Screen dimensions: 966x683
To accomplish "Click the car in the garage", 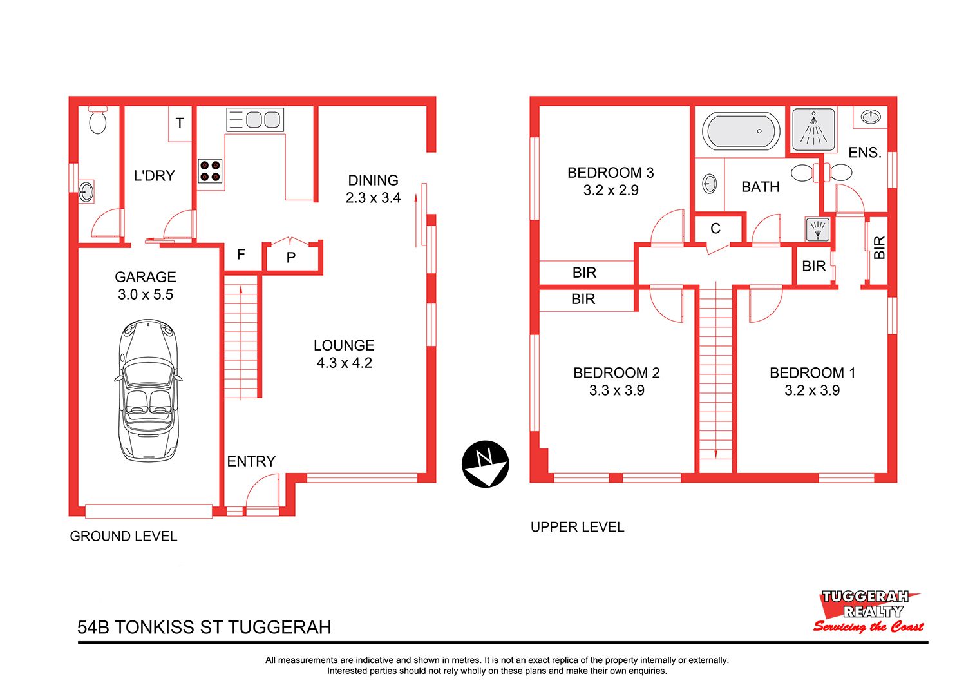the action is click(148, 390).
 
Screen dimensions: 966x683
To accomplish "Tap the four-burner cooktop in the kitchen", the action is click(210, 171).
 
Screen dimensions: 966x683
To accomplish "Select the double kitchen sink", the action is click(255, 119).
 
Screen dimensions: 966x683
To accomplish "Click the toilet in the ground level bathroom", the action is click(98, 120).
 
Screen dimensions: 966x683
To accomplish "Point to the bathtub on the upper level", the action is click(741, 131).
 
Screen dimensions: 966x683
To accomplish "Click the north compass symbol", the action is click(485, 464).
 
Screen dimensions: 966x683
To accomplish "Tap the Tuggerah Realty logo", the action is click(867, 611).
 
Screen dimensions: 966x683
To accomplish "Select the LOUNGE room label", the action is click(344, 345).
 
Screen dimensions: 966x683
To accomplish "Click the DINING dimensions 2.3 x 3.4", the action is click(373, 198).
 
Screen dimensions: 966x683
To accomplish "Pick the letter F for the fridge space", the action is click(241, 254).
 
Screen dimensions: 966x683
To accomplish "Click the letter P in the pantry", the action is click(290, 258).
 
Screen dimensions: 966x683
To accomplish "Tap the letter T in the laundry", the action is click(180, 124).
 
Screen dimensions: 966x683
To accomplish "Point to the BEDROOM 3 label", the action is click(611, 173).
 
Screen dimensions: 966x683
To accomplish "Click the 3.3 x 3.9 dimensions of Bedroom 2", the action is click(617, 390).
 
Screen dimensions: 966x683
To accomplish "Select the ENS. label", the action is click(865, 152).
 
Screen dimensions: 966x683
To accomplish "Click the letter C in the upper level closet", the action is click(715, 228).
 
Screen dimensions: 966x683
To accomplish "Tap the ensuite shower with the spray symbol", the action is click(813, 129).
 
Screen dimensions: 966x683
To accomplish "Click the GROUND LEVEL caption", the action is click(124, 536).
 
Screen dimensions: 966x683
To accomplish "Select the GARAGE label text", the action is click(146, 276).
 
